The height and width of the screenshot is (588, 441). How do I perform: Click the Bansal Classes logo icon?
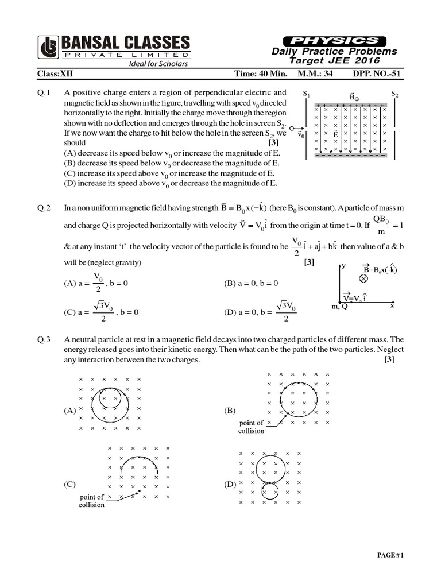coord(48,48)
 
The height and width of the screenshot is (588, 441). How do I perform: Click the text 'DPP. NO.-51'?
coord(376,74)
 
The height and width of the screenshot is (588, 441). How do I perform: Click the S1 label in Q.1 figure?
coord(307,94)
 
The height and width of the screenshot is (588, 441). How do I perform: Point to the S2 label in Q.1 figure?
coord(395,94)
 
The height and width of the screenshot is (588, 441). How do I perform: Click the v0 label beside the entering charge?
coord(301,136)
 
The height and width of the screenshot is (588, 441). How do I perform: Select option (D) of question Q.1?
coord(171,184)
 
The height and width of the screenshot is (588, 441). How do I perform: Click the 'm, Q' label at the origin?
coord(339,307)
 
